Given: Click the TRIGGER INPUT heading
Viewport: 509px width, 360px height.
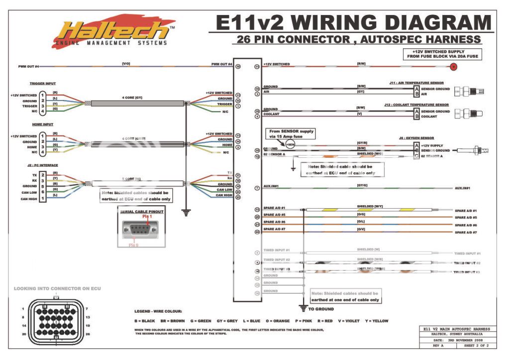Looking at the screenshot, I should pyautogui.click(x=43, y=84).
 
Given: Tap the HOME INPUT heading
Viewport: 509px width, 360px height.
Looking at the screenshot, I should pyautogui.click(x=41, y=124).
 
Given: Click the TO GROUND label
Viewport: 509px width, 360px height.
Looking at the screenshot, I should pyautogui.click(x=321, y=309).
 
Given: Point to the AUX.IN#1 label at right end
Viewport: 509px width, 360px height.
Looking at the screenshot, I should pyautogui.click(x=463, y=188).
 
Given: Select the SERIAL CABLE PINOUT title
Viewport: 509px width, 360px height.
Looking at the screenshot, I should pyautogui.click(x=141, y=212).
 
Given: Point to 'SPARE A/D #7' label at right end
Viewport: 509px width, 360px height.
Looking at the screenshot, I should pyautogui.click(x=466, y=233).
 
